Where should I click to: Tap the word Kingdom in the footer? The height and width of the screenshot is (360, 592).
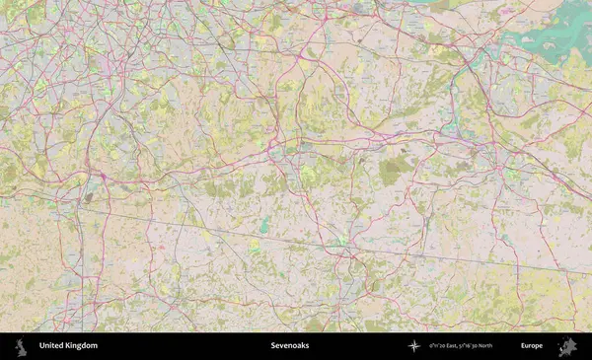click(x=82, y=346)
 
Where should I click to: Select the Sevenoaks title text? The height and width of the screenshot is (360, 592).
click(x=288, y=346)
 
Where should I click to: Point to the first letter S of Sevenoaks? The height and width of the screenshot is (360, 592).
click(x=272, y=346)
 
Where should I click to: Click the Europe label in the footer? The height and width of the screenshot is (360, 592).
click(x=532, y=346)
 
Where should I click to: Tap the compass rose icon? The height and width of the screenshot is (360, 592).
click(x=414, y=346)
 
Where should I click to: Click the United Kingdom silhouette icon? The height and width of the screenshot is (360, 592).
click(x=20, y=346)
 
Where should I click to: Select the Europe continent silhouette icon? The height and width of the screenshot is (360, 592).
click(x=567, y=346)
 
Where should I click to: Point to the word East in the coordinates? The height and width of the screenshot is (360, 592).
click(x=453, y=346)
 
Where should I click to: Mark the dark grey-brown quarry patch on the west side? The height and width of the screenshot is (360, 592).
click(x=88, y=197)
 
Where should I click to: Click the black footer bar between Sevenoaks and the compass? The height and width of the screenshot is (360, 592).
click(x=355, y=346)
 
